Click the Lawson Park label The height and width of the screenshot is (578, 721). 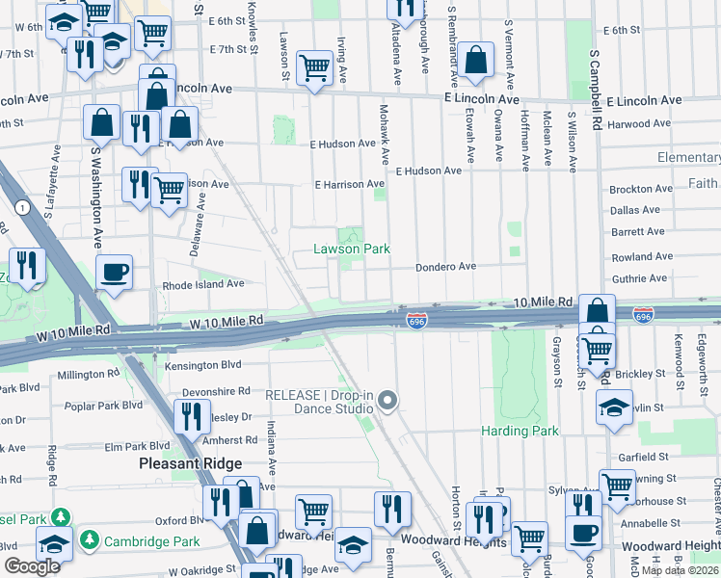click(x=352, y=249)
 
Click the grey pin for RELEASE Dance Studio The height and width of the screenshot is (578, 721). click(x=387, y=400)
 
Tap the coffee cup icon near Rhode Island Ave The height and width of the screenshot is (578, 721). click(x=115, y=274)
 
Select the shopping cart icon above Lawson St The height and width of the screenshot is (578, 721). click(x=314, y=68)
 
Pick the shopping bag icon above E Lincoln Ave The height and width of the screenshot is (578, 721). click(x=476, y=60)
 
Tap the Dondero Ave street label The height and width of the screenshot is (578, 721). click(x=446, y=267)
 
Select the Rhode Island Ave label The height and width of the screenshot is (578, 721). click(x=203, y=284)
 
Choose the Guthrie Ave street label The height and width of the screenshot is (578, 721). click(x=639, y=278)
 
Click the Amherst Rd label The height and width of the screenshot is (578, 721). click(x=229, y=439)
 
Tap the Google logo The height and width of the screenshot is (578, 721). click(x=32, y=566)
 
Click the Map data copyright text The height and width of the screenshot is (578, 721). click(x=680, y=570)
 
